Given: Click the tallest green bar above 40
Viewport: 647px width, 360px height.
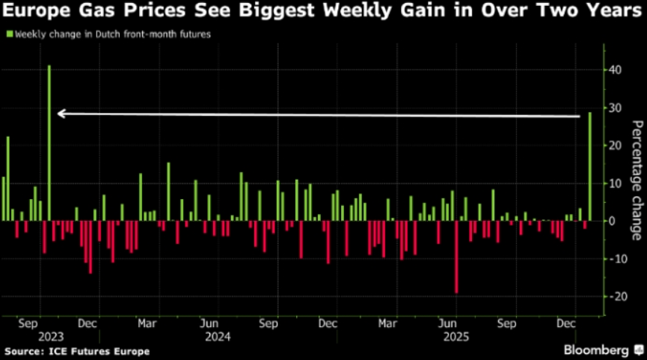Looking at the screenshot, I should tap(49, 142).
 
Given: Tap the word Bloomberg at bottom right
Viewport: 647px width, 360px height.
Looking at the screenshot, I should tap(596, 350).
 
